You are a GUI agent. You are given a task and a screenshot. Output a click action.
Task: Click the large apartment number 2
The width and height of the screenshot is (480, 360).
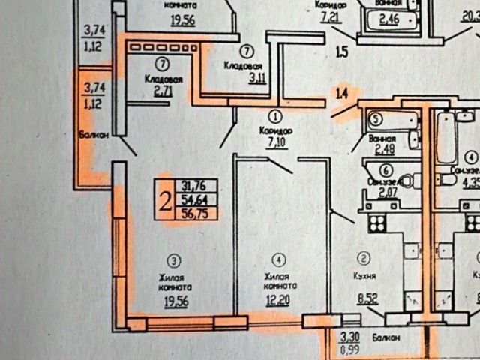click(163, 199)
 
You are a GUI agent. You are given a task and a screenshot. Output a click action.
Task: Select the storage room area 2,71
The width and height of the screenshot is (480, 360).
click(163, 90)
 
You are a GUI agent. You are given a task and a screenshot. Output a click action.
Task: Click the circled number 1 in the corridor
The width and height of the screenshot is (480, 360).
click(276, 116)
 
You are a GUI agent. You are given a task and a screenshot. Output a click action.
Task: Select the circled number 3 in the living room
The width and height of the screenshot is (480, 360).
click(174, 261)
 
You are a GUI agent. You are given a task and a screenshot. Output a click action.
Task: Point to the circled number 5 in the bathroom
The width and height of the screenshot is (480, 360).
click(378, 118)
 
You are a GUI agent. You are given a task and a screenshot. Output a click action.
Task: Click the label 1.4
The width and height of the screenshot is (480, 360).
click(342, 94)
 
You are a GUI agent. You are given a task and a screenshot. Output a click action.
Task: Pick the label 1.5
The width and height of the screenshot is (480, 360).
click(342, 52)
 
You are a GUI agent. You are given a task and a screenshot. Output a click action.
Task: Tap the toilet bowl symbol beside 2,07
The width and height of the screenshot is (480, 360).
click(405, 180)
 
